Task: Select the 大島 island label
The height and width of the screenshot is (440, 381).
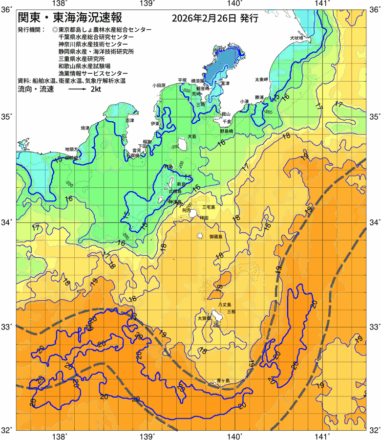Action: (x=192, y=137)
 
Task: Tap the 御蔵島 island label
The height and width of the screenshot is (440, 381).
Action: (x=215, y=237)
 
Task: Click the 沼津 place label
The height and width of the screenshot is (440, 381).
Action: (x=129, y=120)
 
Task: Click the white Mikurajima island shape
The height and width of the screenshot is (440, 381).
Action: (x=201, y=236)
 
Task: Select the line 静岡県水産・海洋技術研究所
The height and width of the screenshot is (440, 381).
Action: (x=96, y=51)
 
